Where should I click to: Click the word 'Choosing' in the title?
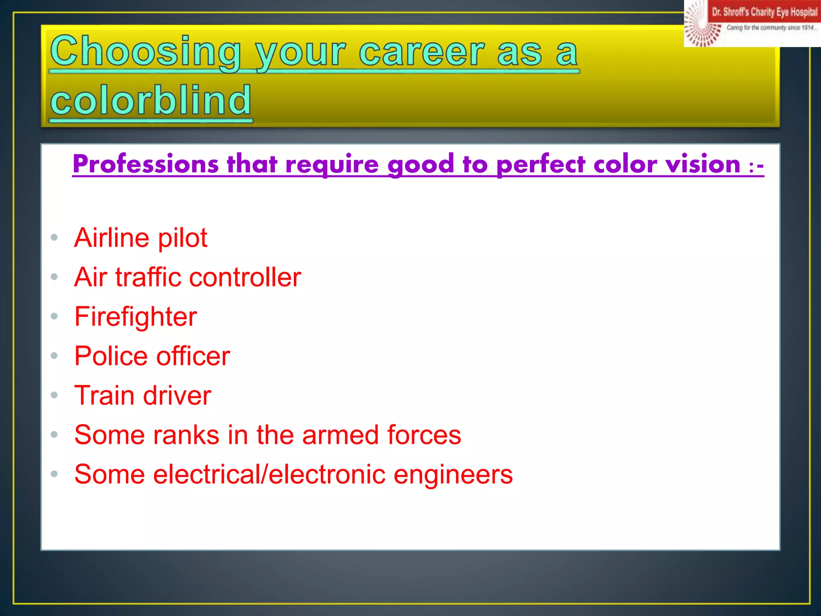pos(145,52)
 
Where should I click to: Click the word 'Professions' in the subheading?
pos(146,164)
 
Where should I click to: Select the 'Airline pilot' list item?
pos(141,238)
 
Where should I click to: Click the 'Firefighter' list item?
pos(135,316)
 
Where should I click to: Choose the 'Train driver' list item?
pos(143,395)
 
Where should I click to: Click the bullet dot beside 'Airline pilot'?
pos(54,238)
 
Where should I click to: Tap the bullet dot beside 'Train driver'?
pos(54,395)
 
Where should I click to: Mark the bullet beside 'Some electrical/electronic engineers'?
pos(54,474)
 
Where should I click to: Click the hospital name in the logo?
pos(764,12)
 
